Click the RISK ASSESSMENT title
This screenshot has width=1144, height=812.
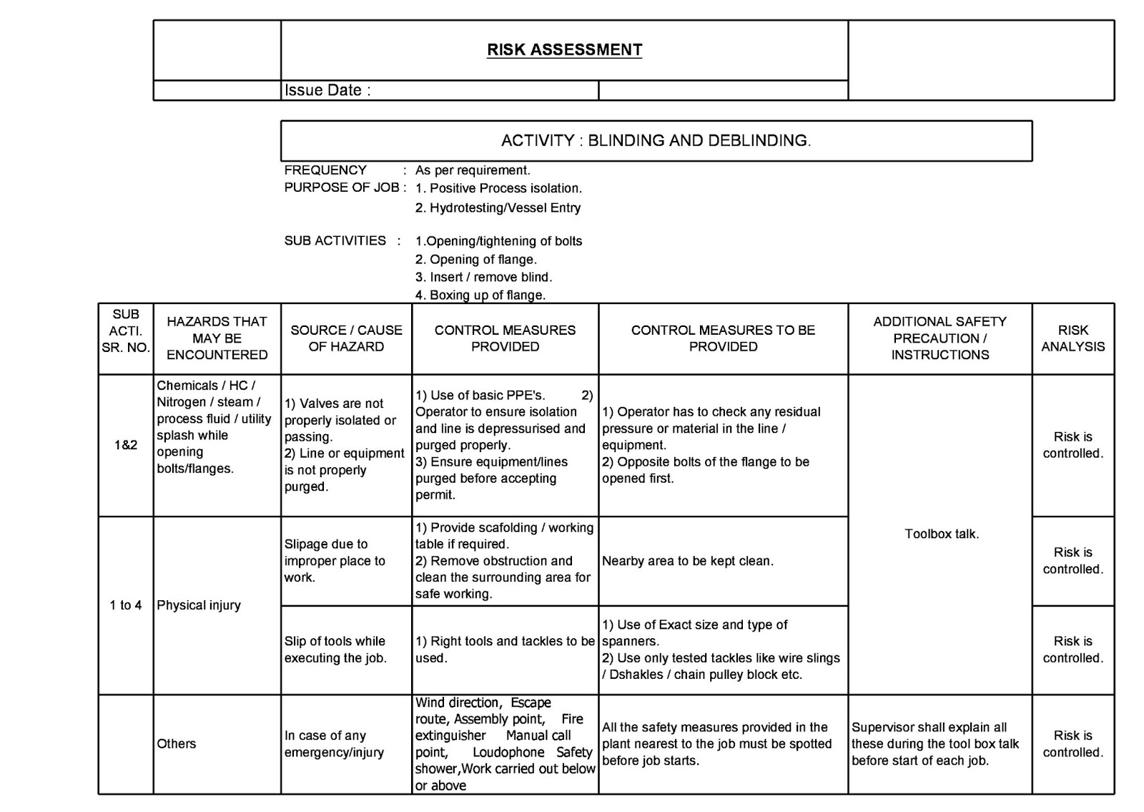pyautogui.click(x=564, y=50)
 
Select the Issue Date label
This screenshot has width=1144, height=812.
pyautogui.click(x=327, y=91)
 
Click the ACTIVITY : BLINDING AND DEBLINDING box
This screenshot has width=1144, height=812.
pyautogui.click(x=656, y=141)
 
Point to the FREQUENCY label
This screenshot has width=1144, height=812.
pyautogui.click(x=325, y=170)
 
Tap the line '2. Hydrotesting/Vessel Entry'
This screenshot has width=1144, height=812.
pyautogui.click(x=498, y=208)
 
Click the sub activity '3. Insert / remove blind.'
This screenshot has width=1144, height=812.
pyautogui.click(x=483, y=278)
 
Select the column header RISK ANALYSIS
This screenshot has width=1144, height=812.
pyautogui.click(x=1072, y=338)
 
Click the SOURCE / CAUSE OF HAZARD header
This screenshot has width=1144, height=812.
pyautogui.click(x=346, y=338)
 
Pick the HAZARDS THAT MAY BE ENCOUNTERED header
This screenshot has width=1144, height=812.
pyautogui.click(x=217, y=338)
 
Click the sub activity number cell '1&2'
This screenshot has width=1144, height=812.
pyautogui.click(x=125, y=445)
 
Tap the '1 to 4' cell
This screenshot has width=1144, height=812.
pyautogui.click(x=125, y=605)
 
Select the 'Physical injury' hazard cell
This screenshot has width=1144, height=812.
pyautogui.click(x=199, y=605)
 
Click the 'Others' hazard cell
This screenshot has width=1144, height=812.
pyautogui.click(x=176, y=744)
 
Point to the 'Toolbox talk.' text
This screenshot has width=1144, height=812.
pyautogui.click(x=941, y=534)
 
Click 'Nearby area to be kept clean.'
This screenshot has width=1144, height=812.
pyautogui.click(x=687, y=562)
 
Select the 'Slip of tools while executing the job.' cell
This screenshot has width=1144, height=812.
pyautogui.click(x=335, y=650)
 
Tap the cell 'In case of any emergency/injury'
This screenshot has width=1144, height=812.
pyautogui.click(x=334, y=744)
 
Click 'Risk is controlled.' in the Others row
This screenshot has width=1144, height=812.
pyautogui.click(x=1072, y=744)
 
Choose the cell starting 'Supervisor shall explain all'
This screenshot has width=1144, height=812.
pyautogui.click(x=935, y=744)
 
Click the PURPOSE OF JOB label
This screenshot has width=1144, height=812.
pyautogui.click(x=342, y=188)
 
